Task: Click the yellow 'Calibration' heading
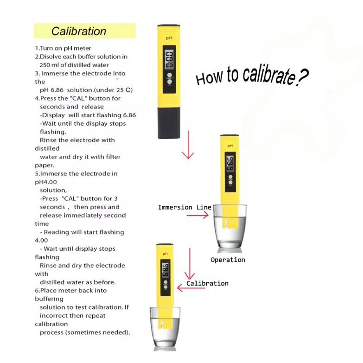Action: click(79, 31)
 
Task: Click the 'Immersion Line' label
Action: click(185, 207)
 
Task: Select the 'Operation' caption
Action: click(228, 260)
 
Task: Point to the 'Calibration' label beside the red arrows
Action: click(207, 283)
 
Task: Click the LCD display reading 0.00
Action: click(169, 60)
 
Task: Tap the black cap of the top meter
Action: click(169, 123)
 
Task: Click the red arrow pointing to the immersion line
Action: click(197, 216)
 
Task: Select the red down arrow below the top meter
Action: click(188, 145)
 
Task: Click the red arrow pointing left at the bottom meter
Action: click(191, 288)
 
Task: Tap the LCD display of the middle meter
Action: click(230, 163)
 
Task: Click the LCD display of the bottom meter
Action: click(166, 270)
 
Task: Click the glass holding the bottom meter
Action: click(165, 328)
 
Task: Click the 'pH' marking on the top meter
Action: click(169, 38)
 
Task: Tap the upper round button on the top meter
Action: click(170, 75)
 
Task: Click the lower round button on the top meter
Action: click(170, 82)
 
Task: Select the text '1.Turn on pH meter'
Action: click(63, 48)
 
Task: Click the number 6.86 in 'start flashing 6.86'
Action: click(129, 115)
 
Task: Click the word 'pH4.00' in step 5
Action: click(46, 182)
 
